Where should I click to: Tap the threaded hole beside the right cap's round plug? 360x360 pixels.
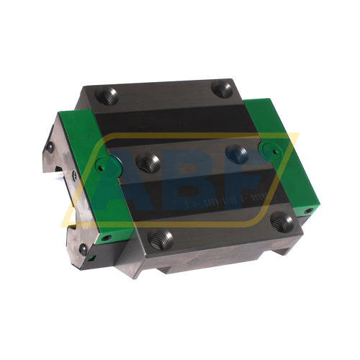[x=236, y=153]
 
